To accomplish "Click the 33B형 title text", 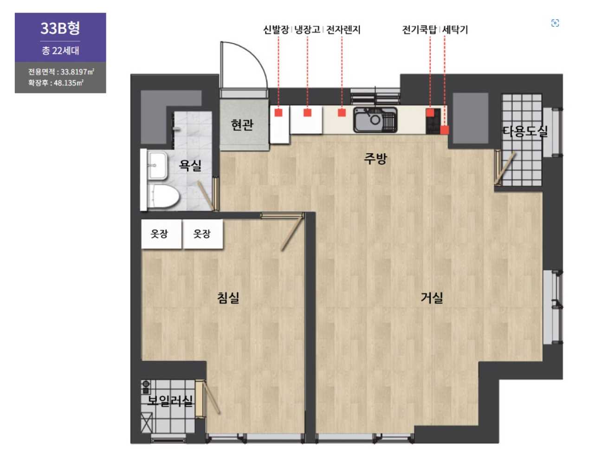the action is click(x=60, y=28).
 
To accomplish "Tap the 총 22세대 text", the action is click(x=60, y=51).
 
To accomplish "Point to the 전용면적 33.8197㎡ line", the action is click(x=61, y=72).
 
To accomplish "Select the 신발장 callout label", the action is click(x=276, y=30).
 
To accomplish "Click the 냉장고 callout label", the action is click(x=307, y=30).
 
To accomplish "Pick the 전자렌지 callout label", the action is click(x=343, y=30).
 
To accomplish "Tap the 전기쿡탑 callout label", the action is click(x=420, y=30).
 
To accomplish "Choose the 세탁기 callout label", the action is click(x=455, y=30).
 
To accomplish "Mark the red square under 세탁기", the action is click(x=444, y=130).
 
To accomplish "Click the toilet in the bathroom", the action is click(x=163, y=196).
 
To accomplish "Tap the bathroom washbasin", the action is click(x=157, y=166).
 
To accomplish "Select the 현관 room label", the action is click(x=242, y=125).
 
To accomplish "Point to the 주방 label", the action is click(x=375, y=159).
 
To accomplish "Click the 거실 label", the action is click(x=432, y=297).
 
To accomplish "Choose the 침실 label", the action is click(x=228, y=298).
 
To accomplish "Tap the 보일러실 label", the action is click(x=170, y=400).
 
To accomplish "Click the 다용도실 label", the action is click(x=524, y=131).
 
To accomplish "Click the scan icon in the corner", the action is click(x=555, y=23).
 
